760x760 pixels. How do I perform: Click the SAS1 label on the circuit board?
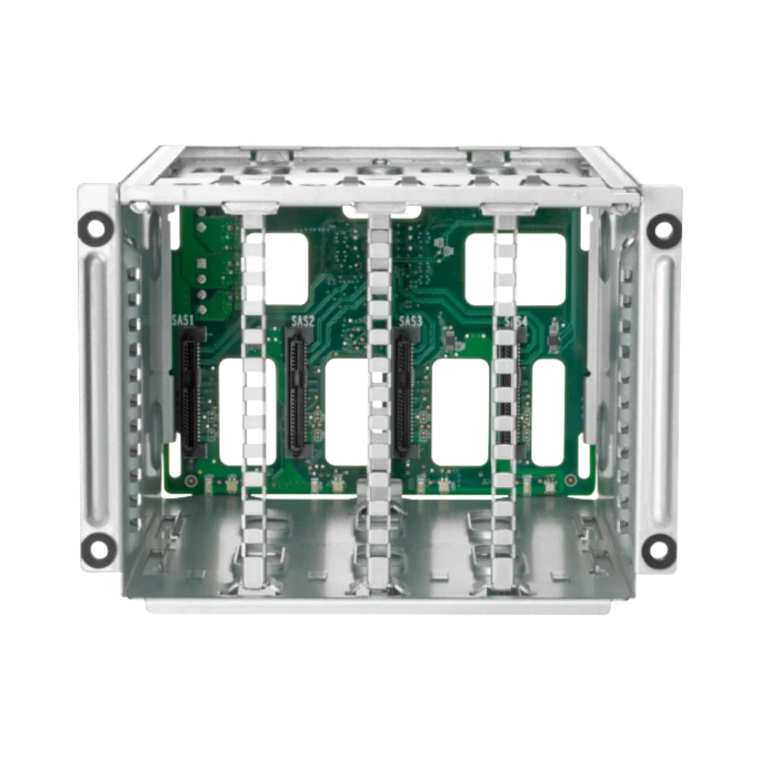pyautogui.click(x=183, y=321)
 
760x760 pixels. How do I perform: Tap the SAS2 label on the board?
pyautogui.click(x=302, y=321)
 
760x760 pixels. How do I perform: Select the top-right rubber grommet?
pyautogui.click(x=665, y=228)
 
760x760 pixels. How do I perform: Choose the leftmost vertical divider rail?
pyautogui.click(x=253, y=395)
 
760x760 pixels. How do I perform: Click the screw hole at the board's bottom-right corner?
pyautogui.click(x=568, y=480)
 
